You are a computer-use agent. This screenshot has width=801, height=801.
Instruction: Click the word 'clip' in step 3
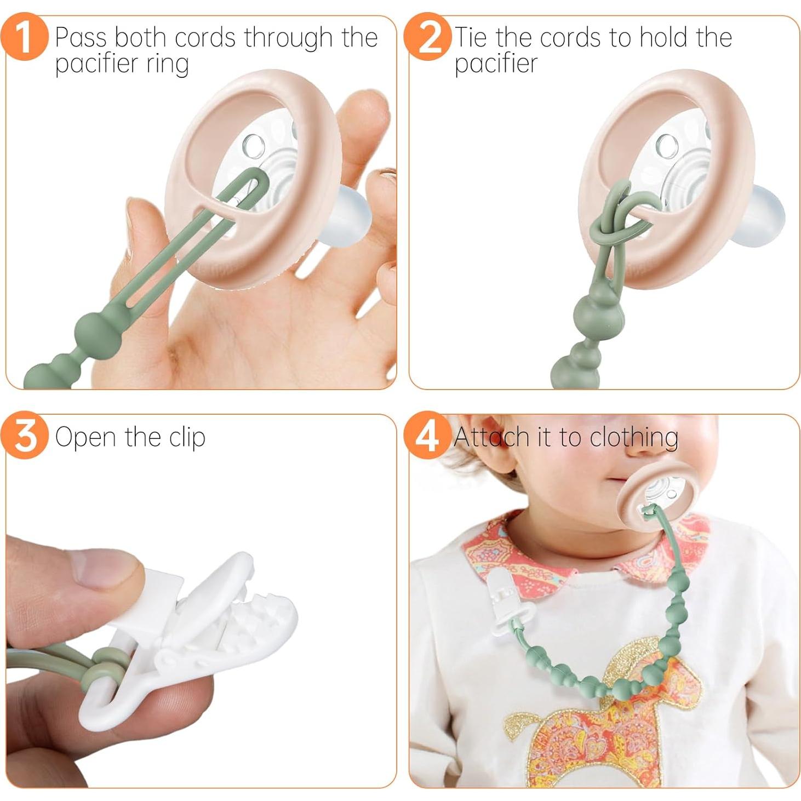187,438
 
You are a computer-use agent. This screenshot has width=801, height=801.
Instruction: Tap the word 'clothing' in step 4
634,438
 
